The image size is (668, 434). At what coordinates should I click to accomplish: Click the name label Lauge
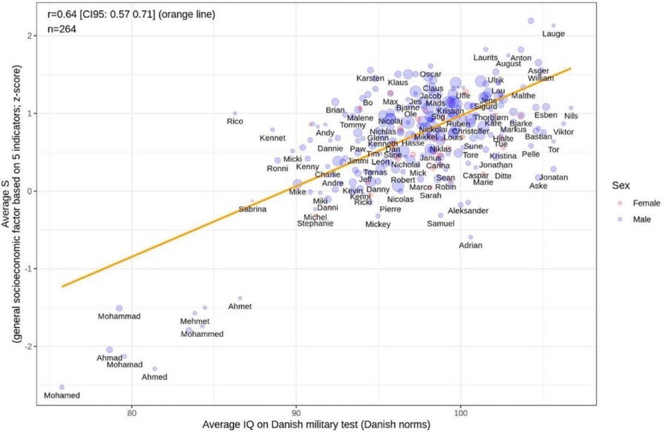pyautogui.click(x=553, y=34)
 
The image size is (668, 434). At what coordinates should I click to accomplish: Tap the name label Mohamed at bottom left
pyautogui.click(x=62, y=396)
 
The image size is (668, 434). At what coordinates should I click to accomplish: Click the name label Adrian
pyautogui.click(x=470, y=245)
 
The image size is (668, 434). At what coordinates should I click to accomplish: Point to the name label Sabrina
pyautogui.click(x=253, y=210)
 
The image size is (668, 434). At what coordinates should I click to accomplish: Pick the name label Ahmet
pyautogui.click(x=240, y=307)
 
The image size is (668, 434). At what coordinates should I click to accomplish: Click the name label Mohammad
pyautogui.click(x=119, y=317)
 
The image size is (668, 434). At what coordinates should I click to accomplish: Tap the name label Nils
pyautogui.click(x=571, y=116)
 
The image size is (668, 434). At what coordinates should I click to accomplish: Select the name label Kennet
pyautogui.click(x=273, y=138)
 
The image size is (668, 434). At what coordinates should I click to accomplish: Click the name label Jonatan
pyautogui.click(x=554, y=177)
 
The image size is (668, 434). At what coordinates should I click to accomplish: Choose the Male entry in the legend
pyautogui.click(x=642, y=220)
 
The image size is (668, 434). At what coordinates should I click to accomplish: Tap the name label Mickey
pyautogui.click(x=378, y=225)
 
